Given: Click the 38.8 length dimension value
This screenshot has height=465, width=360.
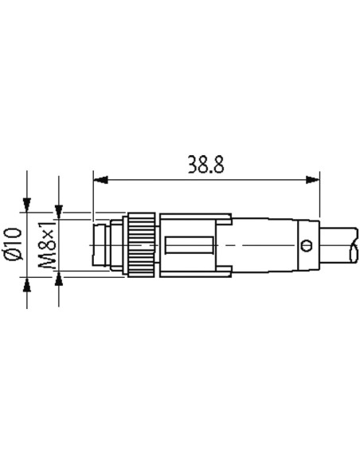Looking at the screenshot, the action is (205, 164).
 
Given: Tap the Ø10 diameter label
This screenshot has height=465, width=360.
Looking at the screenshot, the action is (14, 244).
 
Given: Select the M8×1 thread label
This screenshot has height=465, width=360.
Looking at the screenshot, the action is (47, 244).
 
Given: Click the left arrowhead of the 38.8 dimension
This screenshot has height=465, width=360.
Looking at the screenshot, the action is (100, 179).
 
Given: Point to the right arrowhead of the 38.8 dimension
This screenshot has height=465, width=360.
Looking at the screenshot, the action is (312, 179).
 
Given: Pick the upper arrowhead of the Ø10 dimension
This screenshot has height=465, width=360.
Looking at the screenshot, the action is (27, 205).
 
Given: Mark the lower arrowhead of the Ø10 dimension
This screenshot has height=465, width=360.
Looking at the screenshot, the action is (27, 285).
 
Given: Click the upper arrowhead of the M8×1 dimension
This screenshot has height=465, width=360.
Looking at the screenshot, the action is (59, 212).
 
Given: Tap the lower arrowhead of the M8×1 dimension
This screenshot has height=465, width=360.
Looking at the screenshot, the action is (59, 278).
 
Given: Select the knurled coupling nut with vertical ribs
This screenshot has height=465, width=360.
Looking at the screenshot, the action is (142, 245).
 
